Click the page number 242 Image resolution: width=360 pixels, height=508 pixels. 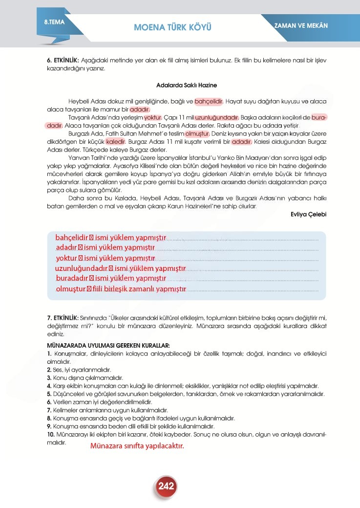pyautogui.click(x=166, y=486)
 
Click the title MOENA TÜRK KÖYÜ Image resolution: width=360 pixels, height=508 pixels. pyautogui.click(x=172, y=26)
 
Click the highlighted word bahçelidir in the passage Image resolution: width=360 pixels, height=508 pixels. pyautogui.click(x=209, y=102)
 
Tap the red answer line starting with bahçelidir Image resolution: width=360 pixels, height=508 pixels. pyautogui.click(x=111, y=238)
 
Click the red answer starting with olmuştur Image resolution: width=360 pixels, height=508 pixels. pyautogui.click(x=121, y=289)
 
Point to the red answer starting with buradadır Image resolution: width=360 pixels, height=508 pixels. pyautogui.click(x=111, y=279)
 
